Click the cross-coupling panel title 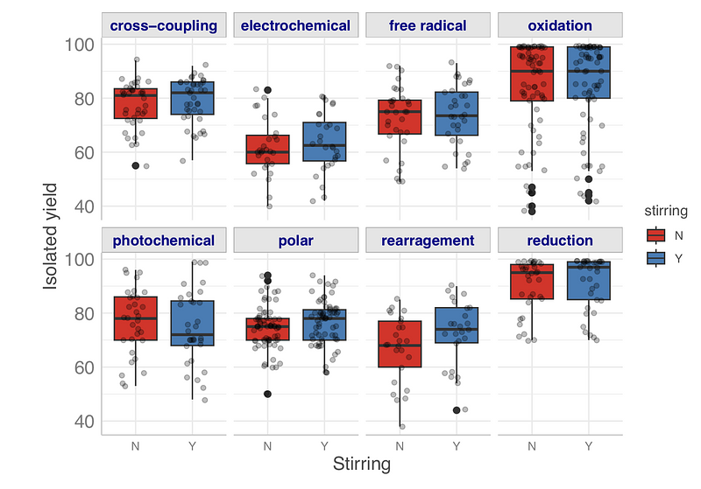165,25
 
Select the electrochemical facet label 295,25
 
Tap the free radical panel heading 428,25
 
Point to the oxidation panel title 560,25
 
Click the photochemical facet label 165,241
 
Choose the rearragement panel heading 428,241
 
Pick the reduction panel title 560,241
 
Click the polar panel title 295,241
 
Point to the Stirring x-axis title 362,465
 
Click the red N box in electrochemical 267,150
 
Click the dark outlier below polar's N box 267,394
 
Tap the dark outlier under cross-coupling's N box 136,165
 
